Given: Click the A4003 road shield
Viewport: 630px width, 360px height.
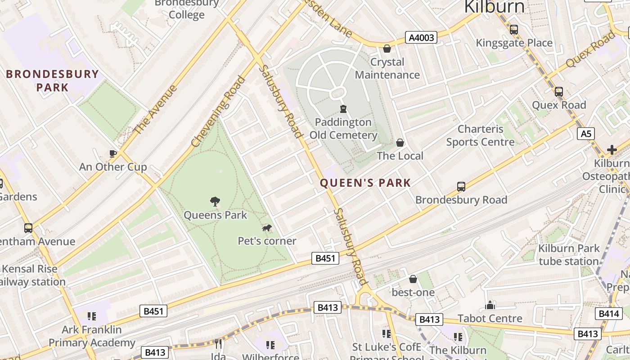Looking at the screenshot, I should (x=422, y=37).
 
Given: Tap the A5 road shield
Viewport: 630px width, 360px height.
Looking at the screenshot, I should (x=585, y=134).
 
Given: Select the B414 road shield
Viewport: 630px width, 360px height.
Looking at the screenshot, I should (x=608, y=314).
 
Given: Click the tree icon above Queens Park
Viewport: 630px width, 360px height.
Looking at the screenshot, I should (x=215, y=202).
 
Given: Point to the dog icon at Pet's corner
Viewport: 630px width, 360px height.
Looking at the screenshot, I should (x=267, y=228).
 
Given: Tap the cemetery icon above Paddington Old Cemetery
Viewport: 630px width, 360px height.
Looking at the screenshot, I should (x=343, y=109).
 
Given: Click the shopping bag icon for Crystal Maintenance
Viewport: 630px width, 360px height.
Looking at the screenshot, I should (x=387, y=49).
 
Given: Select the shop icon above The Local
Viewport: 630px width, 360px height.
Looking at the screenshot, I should (x=400, y=143).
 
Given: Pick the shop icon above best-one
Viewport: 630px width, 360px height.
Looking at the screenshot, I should (x=413, y=279).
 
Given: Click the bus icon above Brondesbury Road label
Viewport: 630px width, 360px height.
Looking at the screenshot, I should (x=461, y=186).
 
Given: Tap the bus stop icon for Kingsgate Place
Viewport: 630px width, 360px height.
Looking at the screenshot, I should (x=513, y=30).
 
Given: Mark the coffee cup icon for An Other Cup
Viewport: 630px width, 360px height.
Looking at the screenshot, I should (x=112, y=153).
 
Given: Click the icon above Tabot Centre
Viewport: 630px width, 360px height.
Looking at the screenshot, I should (x=490, y=306).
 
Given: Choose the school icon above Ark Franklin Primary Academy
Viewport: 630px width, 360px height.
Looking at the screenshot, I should (x=92, y=316).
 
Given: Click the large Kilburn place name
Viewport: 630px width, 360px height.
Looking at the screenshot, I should (x=494, y=7).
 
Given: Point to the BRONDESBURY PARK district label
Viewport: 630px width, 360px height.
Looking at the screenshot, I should (x=53, y=81).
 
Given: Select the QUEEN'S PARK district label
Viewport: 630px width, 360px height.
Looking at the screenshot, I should (x=365, y=183).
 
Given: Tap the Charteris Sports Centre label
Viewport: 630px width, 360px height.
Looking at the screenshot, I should (x=480, y=135).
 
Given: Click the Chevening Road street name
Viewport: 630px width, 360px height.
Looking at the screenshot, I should (x=219, y=111).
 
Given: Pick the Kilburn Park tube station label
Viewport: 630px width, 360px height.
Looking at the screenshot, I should (x=569, y=255).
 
